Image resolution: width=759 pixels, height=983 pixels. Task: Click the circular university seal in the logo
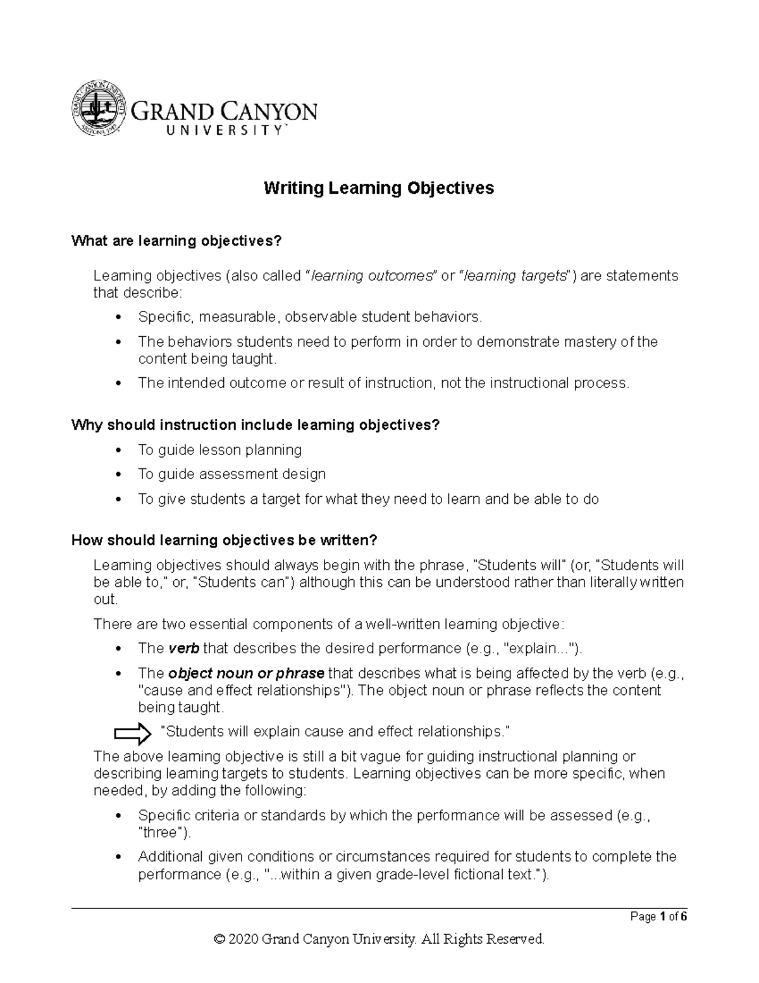click(x=97, y=108)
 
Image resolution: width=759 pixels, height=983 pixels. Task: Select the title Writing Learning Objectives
click(x=378, y=188)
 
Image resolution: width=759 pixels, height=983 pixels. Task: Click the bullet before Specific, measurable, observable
click(x=119, y=317)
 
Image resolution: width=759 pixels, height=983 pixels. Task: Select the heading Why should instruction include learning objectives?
click(x=255, y=425)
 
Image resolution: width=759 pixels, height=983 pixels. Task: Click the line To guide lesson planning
click(x=219, y=450)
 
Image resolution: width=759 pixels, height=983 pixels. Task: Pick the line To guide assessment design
click(x=231, y=474)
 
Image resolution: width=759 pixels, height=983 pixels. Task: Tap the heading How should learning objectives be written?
click(x=224, y=540)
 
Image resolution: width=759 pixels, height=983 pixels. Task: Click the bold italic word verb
click(x=184, y=649)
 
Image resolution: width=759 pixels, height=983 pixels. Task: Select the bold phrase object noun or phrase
click(x=247, y=673)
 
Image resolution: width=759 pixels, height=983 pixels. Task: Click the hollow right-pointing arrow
click(x=132, y=733)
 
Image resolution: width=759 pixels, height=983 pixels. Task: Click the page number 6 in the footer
click(x=684, y=917)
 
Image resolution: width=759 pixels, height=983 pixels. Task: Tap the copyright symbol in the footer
click(x=219, y=939)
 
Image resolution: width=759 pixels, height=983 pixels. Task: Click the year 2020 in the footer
click(x=244, y=939)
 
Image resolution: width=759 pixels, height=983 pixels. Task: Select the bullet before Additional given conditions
click(x=119, y=858)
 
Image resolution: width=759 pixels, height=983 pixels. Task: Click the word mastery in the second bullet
click(x=594, y=342)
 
